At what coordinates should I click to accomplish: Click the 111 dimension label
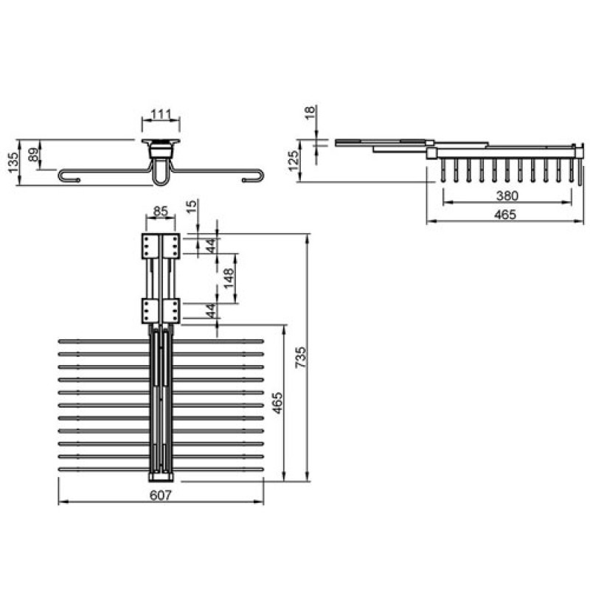161,114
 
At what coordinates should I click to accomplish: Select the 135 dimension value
13,162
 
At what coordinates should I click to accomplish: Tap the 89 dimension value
33,154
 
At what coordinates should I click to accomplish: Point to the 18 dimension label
309,112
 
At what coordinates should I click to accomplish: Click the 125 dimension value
294,161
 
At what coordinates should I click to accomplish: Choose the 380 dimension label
507,195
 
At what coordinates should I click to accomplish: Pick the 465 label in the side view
505,215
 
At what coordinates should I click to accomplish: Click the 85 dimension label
161,211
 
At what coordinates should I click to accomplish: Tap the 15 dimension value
191,206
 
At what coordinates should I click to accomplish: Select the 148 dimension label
229,278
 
